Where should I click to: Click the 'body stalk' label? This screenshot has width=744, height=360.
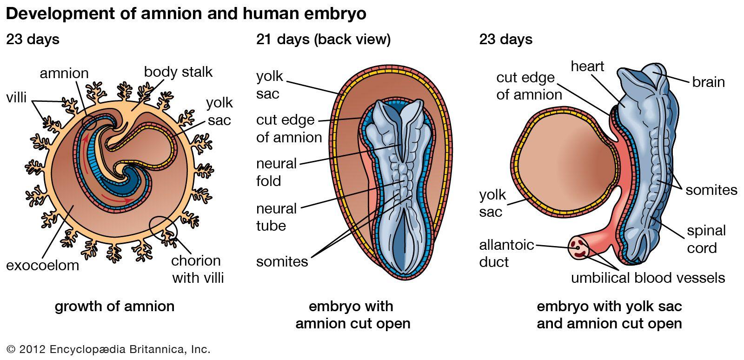click(x=178, y=72)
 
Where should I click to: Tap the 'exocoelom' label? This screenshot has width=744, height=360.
click(x=42, y=266)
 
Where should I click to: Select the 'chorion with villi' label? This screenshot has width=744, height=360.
click(x=198, y=269)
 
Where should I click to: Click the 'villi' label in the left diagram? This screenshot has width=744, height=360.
click(x=16, y=98)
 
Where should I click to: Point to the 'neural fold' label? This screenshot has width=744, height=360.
click(x=276, y=173)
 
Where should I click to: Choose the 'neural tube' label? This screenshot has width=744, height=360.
click(x=276, y=217)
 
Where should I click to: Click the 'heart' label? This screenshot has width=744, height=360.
click(x=587, y=67)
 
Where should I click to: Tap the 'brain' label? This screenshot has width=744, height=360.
click(x=709, y=82)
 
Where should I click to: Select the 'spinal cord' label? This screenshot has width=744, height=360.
click(x=706, y=239)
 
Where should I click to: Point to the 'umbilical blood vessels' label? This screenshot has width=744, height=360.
click(x=648, y=278)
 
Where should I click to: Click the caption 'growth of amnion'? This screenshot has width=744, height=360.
click(x=114, y=307)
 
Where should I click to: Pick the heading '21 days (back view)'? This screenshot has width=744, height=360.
click(x=323, y=39)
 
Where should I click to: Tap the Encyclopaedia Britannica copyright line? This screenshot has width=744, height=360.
click(x=108, y=349)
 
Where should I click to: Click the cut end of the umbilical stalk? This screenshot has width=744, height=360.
click(x=578, y=248)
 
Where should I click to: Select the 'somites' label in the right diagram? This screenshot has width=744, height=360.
click(x=711, y=190)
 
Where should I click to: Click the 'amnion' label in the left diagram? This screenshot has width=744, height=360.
click(x=64, y=73)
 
